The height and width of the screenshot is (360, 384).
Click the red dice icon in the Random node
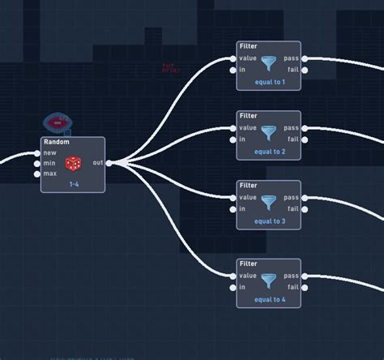[73, 163]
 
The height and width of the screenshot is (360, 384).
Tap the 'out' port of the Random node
[109, 163]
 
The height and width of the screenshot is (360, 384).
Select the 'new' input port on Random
[37, 152]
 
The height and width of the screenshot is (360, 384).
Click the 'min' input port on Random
[37, 163]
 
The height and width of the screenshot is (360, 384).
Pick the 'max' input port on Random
[37, 174]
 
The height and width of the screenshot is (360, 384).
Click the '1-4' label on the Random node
[74, 184]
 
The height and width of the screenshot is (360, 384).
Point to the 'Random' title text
[56, 142]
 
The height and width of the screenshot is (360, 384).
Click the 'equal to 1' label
[270, 82]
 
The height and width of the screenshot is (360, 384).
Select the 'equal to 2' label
[270, 152]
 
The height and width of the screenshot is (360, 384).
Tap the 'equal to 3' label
[270, 221]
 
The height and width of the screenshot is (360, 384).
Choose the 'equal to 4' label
[270, 299]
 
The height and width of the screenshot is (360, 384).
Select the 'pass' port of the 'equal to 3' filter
[304, 198]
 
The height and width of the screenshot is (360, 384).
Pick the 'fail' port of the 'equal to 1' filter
[304, 70]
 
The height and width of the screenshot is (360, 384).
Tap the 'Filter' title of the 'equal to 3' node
[249, 186]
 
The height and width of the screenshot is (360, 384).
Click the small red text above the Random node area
[169, 68]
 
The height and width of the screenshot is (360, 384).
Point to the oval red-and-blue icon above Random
[58, 123]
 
